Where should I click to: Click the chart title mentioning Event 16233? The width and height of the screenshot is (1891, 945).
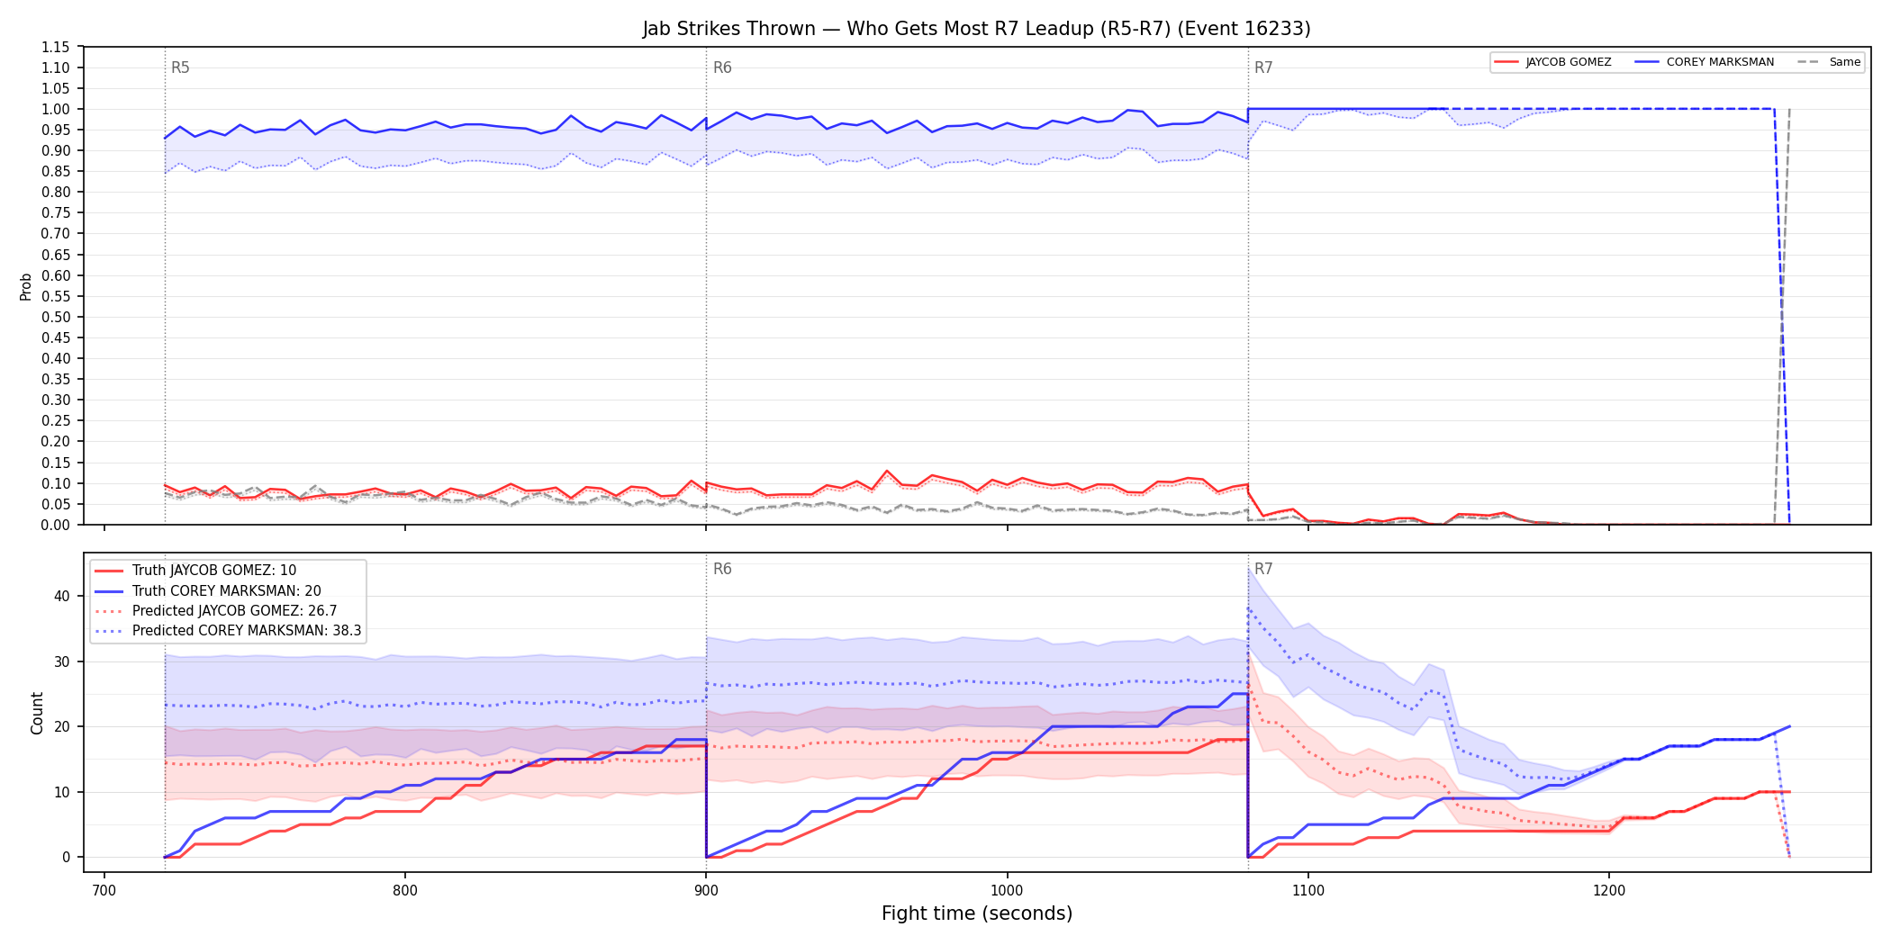coord(976,29)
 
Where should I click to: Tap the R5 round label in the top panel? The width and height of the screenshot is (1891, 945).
coord(180,67)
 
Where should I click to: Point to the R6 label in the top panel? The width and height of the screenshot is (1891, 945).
coord(722,67)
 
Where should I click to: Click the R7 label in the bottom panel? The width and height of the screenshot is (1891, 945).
coord(1263,569)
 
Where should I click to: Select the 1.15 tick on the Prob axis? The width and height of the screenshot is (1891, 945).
coord(56,47)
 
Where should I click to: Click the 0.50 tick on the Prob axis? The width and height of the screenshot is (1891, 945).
coord(56,317)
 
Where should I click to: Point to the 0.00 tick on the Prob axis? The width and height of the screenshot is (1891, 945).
coord(56,525)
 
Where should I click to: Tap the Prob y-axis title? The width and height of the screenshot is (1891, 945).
coord(26,286)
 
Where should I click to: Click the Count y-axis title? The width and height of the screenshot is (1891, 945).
coord(37,713)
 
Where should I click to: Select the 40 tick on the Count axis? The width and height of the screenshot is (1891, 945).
coord(62,596)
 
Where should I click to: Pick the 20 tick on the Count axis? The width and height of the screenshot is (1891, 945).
coord(62,726)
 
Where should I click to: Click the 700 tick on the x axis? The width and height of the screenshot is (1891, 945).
coord(104,891)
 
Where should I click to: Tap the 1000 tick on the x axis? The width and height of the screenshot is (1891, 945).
coord(1007,891)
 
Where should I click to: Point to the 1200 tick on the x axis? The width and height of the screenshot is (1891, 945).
coord(1609,891)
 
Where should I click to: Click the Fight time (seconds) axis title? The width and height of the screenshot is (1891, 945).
coord(977,913)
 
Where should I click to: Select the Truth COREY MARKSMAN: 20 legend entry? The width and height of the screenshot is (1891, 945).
coord(227,591)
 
